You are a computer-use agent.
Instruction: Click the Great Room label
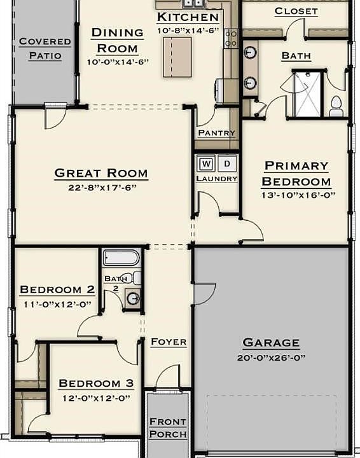point(101,173)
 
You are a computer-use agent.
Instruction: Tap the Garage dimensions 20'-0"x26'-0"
point(270,357)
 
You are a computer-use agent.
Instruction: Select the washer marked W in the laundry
point(206,164)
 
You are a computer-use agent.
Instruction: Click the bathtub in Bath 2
point(121,258)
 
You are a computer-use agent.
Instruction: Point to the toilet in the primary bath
point(336,107)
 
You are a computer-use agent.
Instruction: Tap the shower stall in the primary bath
point(308,95)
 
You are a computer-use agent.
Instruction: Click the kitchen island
point(177,57)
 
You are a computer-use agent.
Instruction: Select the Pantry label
point(216,134)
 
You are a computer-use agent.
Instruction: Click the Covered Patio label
point(45,49)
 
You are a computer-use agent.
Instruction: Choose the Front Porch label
point(168,428)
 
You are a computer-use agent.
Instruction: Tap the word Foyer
point(169,342)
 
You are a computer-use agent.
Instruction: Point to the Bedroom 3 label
point(96,384)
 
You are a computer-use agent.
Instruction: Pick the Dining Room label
point(117,40)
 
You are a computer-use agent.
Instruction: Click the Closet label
point(296,11)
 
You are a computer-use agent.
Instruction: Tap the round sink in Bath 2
point(133,298)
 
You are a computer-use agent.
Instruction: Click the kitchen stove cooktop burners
point(231,38)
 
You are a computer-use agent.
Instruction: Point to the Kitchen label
point(188,17)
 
